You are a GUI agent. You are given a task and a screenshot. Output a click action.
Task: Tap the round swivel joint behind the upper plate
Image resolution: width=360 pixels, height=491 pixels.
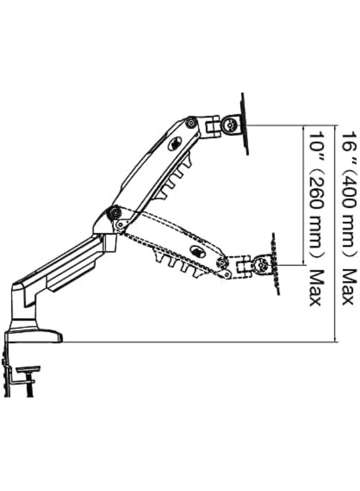click(x=230, y=124)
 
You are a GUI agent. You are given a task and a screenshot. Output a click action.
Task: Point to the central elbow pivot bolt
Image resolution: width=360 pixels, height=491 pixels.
click(x=114, y=213)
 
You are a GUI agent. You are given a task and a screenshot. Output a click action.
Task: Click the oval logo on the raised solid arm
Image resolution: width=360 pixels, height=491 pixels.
click(x=175, y=144)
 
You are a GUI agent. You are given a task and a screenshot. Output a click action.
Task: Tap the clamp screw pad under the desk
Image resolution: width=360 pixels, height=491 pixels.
click(x=29, y=369)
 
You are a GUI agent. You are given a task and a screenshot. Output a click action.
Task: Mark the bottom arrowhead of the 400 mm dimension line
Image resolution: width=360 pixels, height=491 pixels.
click(x=336, y=339)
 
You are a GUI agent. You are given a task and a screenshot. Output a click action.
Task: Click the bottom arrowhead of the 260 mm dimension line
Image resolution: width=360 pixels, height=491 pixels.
click(x=303, y=262)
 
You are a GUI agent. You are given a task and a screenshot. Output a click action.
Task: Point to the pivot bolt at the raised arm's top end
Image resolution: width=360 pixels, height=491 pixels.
click(x=190, y=122)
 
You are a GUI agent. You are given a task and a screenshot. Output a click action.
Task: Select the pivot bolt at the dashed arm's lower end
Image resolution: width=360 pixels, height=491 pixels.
click(x=222, y=262)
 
